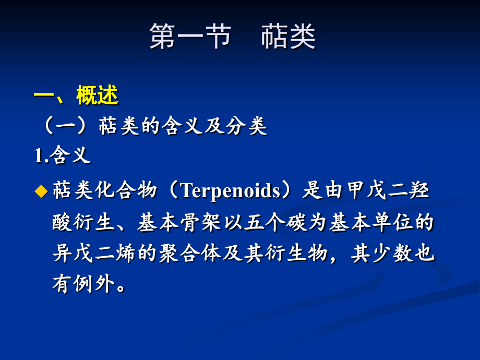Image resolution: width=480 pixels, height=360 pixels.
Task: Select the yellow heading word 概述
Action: (x=98, y=95)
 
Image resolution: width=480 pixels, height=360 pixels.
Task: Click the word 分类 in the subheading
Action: (x=247, y=127)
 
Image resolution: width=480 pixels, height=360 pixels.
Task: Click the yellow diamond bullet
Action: (x=41, y=191)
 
